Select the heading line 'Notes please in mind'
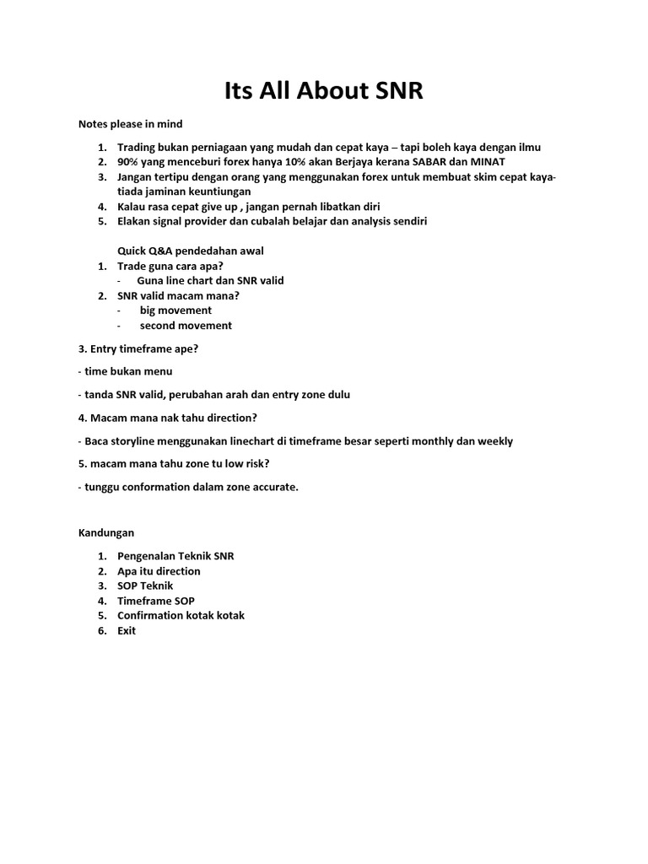pos(130,124)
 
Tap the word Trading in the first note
pos(138,147)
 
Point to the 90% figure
pos(129,161)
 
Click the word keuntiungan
pos(217,192)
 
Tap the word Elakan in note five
pos(135,221)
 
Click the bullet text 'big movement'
pos(175,310)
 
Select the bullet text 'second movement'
pos(186,325)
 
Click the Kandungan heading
pos(106,532)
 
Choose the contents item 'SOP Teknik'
pos(145,585)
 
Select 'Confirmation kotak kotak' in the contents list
pos(181,615)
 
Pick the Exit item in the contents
pos(127,630)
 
